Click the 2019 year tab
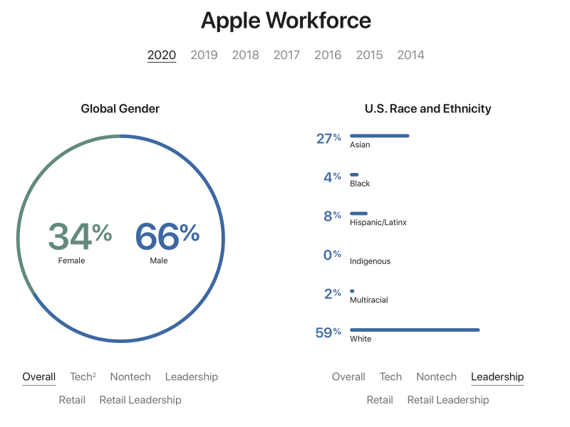click(204, 55)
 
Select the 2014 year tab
click(410, 55)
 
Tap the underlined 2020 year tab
click(162, 55)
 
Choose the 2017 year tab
click(286, 55)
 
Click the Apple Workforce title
click(285, 20)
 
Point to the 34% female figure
click(79, 236)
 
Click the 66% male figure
click(167, 236)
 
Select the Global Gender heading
click(120, 109)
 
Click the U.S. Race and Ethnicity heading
click(427, 109)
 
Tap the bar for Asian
click(379, 135)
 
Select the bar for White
click(414, 330)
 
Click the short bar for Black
click(354, 174)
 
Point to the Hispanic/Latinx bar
click(358, 213)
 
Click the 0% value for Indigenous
click(332, 255)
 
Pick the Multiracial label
click(368, 300)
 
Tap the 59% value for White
click(328, 332)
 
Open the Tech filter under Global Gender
click(82, 376)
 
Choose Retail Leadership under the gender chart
click(140, 400)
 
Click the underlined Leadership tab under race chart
click(497, 376)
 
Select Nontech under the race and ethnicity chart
click(436, 376)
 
